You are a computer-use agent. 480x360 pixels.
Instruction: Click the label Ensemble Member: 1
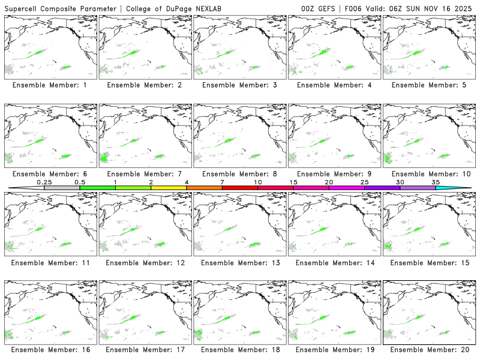click(50, 85)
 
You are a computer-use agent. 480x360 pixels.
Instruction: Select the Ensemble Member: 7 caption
click(144, 174)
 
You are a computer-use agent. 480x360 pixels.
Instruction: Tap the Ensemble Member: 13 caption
click(238, 263)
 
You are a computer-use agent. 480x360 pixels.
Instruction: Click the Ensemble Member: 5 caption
click(429, 85)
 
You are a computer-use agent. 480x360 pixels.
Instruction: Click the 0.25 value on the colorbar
click(44, 182)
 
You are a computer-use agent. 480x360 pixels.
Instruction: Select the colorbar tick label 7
click(222, 182)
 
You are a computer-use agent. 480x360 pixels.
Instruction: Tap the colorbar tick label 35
click(436, 182)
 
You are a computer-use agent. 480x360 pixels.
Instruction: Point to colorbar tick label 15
click(293, 182)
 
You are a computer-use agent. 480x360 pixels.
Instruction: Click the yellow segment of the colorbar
click(169, 188)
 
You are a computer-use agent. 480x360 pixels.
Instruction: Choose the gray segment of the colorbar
click(62, 188)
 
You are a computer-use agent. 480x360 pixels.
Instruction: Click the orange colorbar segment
click(204, 188)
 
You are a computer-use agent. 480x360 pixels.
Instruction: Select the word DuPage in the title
click(184, 8)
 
